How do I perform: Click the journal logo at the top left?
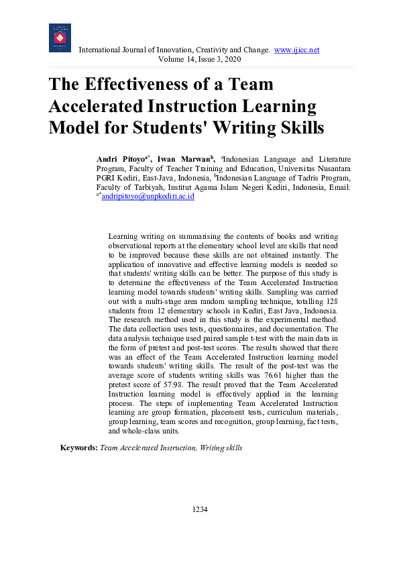(60, 38)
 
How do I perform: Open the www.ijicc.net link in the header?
(297, 50)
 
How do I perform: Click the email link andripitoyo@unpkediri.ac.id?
(147, 197)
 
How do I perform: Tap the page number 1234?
(200, 509)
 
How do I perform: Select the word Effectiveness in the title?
(150, 85)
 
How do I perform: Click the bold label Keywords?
(78, 448)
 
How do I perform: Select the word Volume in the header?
(170, 60)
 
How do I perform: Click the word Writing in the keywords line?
(213, 448)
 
